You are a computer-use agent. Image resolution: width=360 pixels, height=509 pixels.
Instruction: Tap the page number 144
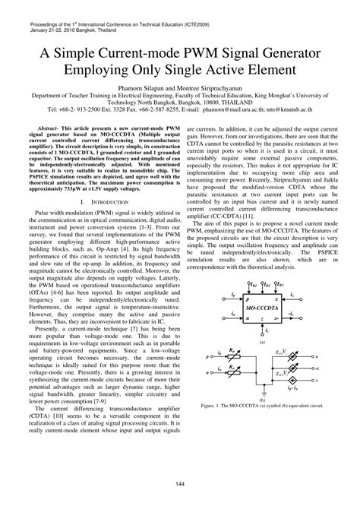179,483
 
